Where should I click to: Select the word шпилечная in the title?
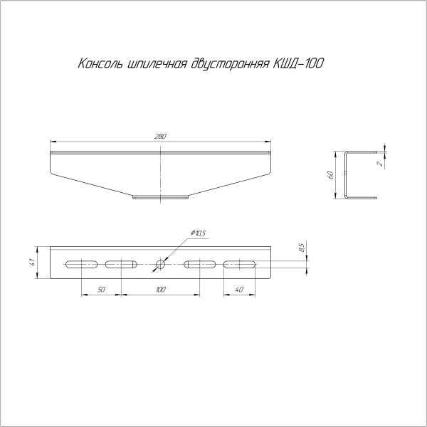[x=158, y=65]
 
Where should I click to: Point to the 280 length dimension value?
[x=161, y=135]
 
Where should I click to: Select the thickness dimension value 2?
[x=381, y=163]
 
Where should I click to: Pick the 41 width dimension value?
[x=33, y=263]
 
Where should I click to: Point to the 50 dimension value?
[x=101, y=290]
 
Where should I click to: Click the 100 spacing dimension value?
[x=160, y=290]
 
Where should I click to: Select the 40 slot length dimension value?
[x=238, y=290]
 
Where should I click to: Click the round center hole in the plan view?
[x=160, y=265]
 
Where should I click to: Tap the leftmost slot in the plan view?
[x=80, y=265]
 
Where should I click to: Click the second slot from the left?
[x=120, y=265]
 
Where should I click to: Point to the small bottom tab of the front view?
[x=160, y=197]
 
